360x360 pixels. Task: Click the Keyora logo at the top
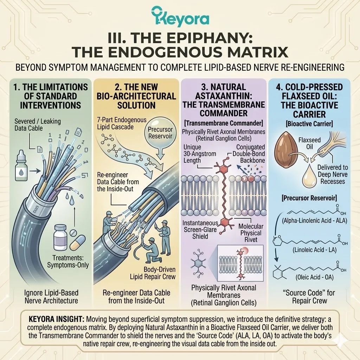coord(180,19)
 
